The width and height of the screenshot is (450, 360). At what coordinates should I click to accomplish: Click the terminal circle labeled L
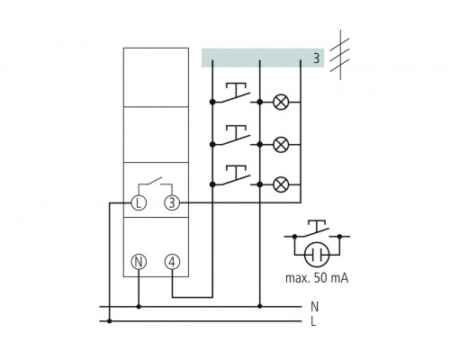(x=139, y=203)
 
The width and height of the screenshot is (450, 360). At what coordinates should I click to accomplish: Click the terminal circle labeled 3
(x=172, y=203)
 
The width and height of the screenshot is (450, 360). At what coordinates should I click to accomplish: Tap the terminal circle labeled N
(x=139, y=262)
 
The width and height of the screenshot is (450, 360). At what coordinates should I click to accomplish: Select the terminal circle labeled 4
(x=172, y=262)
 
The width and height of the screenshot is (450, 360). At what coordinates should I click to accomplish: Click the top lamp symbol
(x=281, y=103)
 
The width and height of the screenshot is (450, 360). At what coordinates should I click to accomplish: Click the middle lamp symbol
(x=281, y=143)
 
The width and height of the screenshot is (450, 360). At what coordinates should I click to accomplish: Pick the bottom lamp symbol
(x=281, y=184)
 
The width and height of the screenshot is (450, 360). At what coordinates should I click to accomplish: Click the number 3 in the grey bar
(x=315, y=58)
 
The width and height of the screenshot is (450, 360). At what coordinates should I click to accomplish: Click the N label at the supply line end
(x=314, y=306)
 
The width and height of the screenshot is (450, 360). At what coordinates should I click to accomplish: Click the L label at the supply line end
(x=314, y=320)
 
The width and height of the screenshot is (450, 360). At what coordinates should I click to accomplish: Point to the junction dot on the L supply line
(x=110, y=320)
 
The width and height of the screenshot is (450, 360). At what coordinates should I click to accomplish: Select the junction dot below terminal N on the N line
(x=139, y=306)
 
